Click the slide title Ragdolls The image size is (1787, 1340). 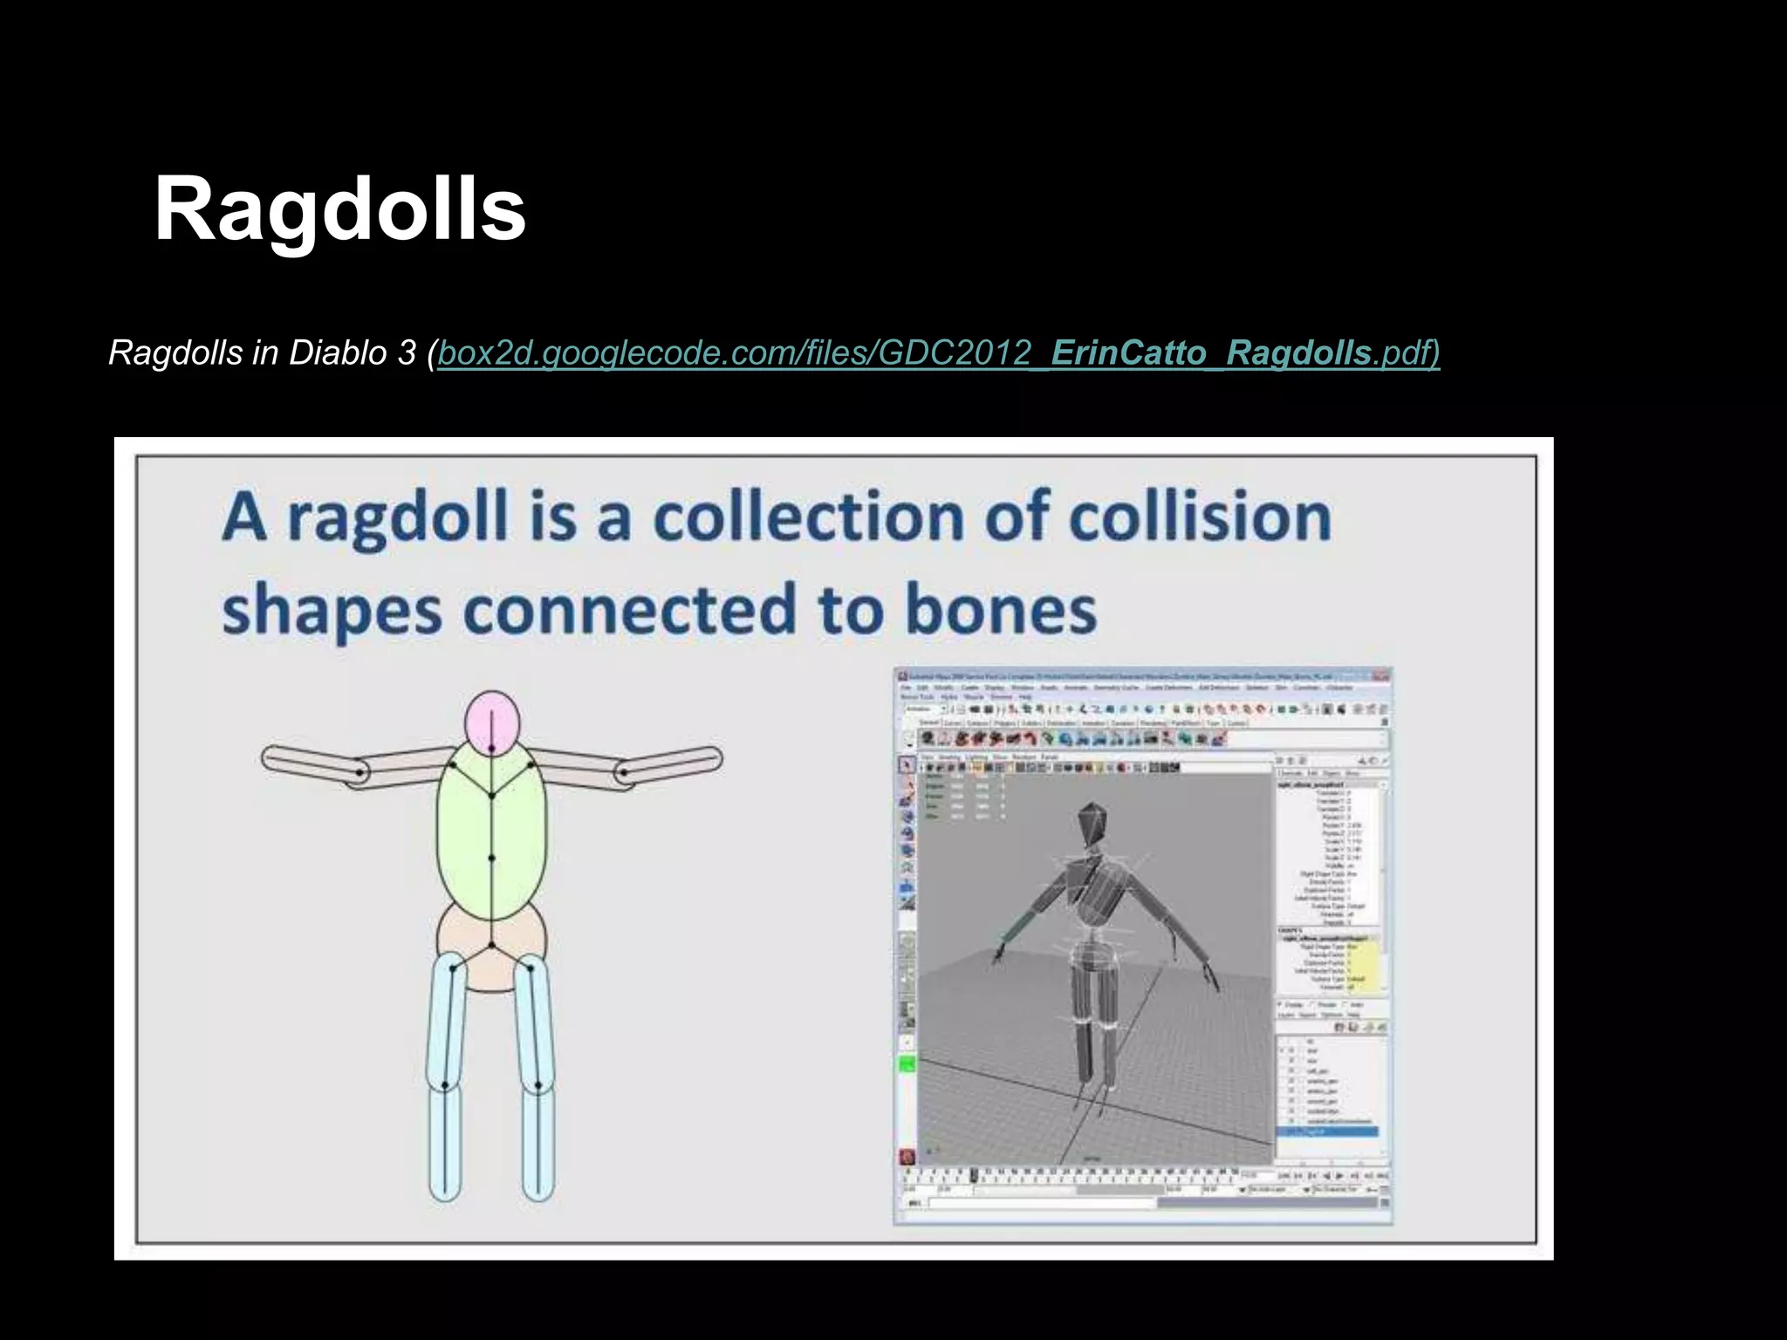point(339,209)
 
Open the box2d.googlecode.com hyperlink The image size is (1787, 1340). point(938,353)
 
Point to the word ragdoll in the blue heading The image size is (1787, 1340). point(397,518)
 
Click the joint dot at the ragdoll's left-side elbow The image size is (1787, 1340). point(359,772)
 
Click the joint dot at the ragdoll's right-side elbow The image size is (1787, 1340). point(624,772)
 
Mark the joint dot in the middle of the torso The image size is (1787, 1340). point(491,858)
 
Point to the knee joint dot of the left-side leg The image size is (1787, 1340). point(445,1084)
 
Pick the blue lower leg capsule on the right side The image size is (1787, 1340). point(538,1143)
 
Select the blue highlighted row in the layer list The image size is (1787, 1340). point(1327,1131)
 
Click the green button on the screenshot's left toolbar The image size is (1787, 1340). point(907,1064)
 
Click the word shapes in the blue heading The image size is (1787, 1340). point(332,611)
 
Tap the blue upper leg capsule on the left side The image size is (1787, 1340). point(447,1016)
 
